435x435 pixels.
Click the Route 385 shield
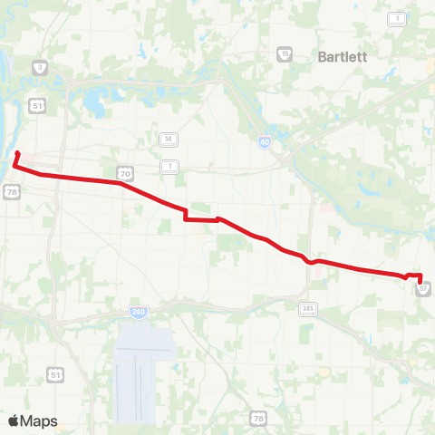[x=308, y=309]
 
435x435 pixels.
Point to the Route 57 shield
[x=423, y=288]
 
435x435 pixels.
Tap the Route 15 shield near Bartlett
[x=285, y=54]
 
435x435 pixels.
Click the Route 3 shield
[x=39, y=68]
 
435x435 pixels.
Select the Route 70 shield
[x=124, y=172]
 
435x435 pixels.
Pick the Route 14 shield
[x=168, y=140]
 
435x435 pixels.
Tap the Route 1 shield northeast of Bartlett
[x=396, y=18]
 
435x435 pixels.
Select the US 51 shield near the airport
[x=55, y=374]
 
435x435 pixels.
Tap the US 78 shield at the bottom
[x=259, y=418]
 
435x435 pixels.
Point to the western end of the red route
[x=17, y=152]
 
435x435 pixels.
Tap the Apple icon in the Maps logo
[x=14, y=420]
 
